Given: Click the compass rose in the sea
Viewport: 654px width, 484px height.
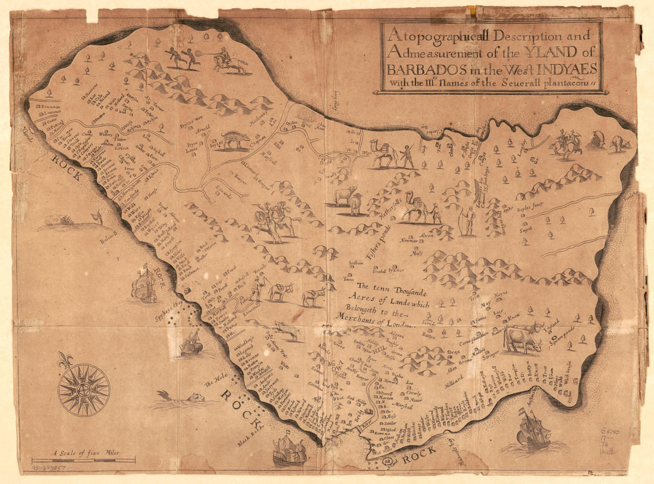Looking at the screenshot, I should coord(83,390).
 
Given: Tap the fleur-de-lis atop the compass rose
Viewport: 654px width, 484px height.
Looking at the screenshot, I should coord(65,360).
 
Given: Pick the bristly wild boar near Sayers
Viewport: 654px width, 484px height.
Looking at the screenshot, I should coord(235,141).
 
